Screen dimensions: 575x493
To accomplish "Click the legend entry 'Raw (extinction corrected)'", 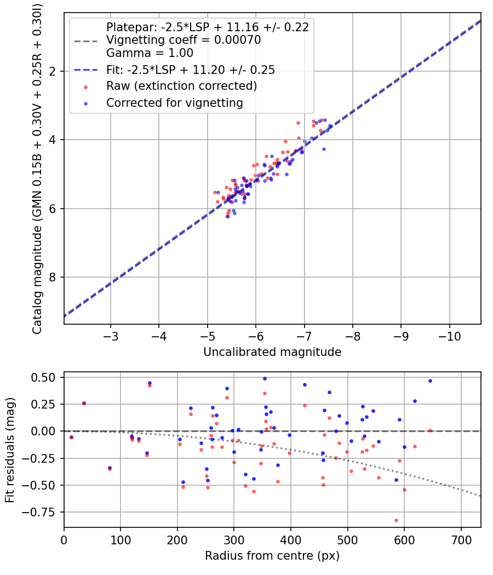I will (x=181, y=86).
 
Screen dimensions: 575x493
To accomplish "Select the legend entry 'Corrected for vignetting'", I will (x=175, y=102).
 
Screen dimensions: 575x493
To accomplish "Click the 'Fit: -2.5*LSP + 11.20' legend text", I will (x=191, y=70).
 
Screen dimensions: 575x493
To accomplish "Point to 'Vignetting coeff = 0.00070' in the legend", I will (x=184, y=40).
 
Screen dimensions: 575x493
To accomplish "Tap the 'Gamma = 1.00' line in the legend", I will (x=150, y=53).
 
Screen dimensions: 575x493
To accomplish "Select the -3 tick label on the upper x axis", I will (x=111, y=334).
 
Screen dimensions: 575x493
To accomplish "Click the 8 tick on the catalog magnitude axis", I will (x=53, y=277).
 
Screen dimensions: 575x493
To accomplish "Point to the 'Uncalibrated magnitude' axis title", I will (x=272, y=352).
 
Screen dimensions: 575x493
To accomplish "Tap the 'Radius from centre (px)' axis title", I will (x=272, y=556).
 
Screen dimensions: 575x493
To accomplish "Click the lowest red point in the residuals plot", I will (x=396, y=520).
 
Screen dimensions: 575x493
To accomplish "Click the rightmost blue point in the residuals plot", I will (x=430, y=381).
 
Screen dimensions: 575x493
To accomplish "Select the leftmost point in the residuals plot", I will (x=71, y=437).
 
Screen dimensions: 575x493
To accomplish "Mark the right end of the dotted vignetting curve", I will (x=480, y=496).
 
